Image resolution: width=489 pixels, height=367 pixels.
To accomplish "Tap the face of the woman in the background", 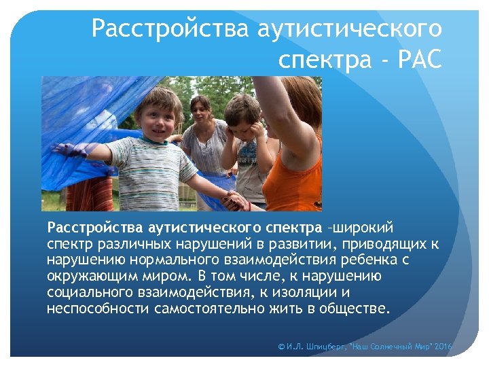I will coord(201,108).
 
